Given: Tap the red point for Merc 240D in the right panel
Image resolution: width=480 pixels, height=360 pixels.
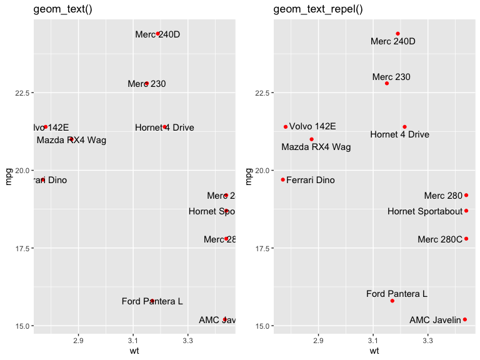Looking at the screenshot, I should (397, 34).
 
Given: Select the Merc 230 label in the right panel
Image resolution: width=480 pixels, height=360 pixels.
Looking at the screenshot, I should (391, 77).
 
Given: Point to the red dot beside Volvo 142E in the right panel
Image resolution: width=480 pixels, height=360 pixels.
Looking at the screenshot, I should (286, 127).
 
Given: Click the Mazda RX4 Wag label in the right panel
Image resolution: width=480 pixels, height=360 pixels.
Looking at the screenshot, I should (316, 147).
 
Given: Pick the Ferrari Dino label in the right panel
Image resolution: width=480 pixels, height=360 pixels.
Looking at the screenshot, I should (310, 180).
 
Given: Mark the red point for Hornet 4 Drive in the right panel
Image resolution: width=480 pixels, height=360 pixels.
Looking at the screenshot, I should (404, 127).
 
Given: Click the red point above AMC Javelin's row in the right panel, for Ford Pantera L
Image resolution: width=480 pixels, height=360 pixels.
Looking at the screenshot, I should (392, 301).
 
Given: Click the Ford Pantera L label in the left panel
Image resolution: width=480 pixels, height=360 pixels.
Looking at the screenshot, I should (152, 301).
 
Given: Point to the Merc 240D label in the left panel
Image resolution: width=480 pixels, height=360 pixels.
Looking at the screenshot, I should (157, 34).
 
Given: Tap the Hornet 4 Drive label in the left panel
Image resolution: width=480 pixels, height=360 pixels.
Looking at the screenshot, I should (164, 127).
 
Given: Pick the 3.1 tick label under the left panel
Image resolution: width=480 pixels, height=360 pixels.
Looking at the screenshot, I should (133, 341).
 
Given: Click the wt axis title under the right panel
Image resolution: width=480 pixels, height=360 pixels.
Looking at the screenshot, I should (374, 351).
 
